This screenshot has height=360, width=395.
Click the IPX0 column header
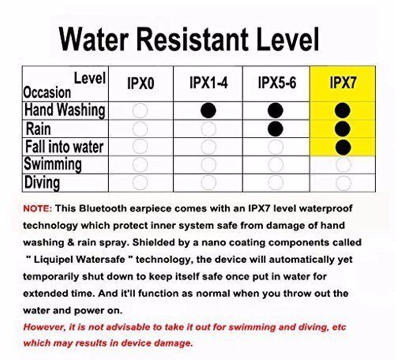[x=141, y=83]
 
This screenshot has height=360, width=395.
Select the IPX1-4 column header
[x=208, y=82]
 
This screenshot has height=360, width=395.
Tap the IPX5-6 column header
[x=277, y=82]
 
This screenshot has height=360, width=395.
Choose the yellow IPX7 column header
[x=343, y=82]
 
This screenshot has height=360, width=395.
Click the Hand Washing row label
[x=65, y=110]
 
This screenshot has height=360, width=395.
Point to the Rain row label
[x=38, y=129]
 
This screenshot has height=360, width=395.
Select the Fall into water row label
[x=64, y=147]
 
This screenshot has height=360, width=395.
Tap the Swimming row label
[x=53, y=164]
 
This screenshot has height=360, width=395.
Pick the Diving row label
[x=42, y=182]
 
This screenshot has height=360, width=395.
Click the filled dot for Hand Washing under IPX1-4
[x=208, y=110]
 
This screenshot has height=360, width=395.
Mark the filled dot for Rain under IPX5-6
[x=276, y=129]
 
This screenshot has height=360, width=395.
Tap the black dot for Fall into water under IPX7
[x=343, y=147]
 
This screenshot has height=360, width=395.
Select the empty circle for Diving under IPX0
[x=140, y=182]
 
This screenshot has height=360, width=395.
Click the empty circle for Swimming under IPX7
[x=343, y=165]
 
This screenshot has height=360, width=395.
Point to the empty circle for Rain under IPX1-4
[x=208, y=129]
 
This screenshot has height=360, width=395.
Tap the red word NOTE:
[x=38, y=208]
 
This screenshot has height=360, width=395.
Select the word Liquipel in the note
[x=54, y=259]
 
